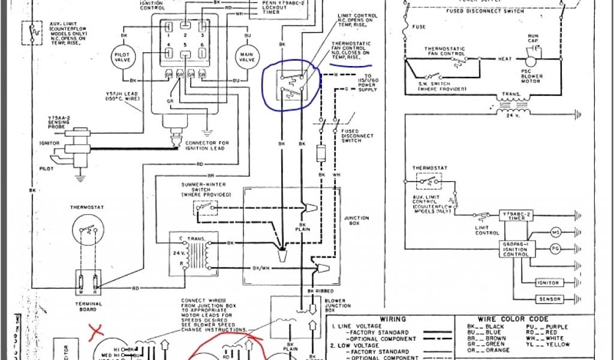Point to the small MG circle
[x=555, y=232]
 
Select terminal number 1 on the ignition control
[x=170, y=26]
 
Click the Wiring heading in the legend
[x=394, y=319]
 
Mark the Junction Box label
[x=357, y=221]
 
